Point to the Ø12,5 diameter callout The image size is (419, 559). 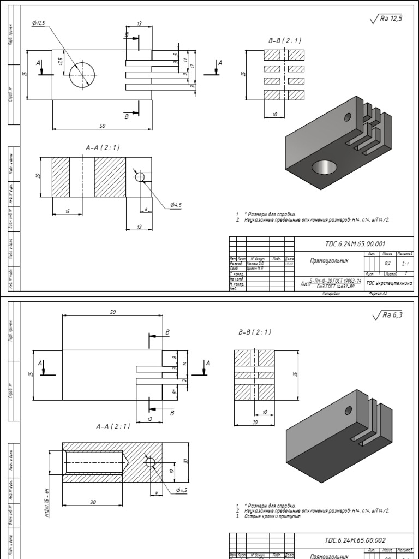coord(39,22)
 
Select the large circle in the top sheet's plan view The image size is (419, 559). coord(82,74)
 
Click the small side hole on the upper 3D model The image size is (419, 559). coord(348,116)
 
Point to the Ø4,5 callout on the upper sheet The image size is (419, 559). coord(176,204)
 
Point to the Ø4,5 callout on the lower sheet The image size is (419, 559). coord(182,490)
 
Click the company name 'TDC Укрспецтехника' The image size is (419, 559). coord(390,283)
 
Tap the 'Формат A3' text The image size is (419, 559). coord(379,293)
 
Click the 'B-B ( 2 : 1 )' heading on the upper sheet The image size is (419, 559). coord(284,40)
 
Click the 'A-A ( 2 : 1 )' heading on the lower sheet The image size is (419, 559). coord(113,426)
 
